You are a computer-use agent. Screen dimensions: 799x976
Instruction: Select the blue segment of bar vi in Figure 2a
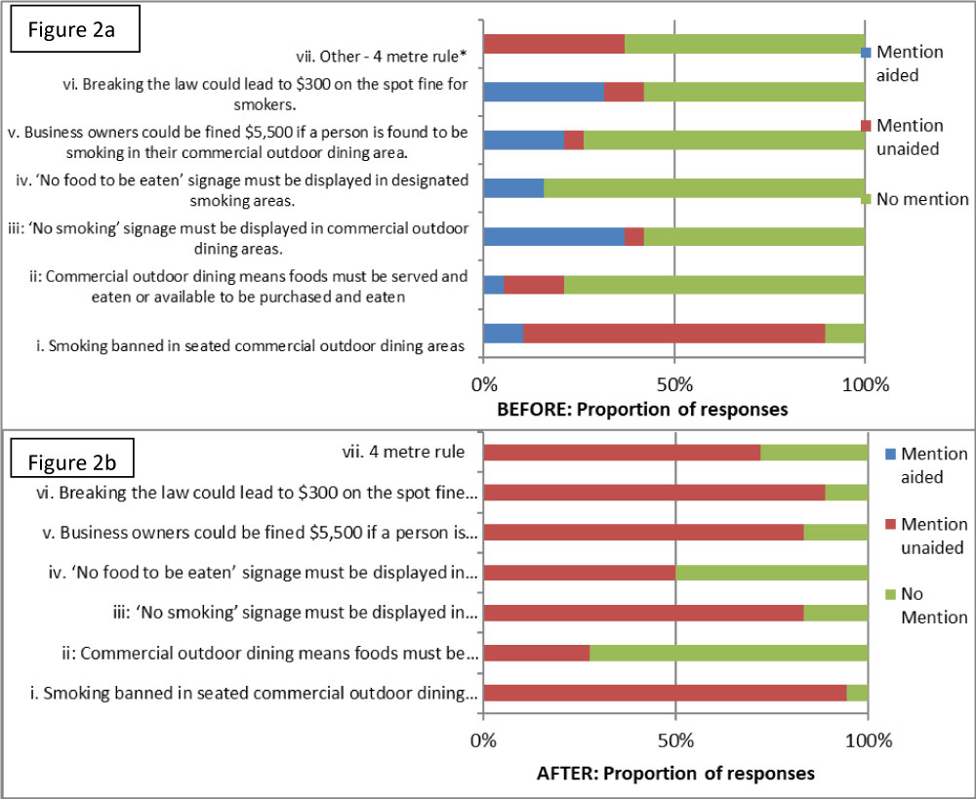coord(544,92)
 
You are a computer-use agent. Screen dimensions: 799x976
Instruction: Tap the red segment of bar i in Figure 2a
coord(673,334)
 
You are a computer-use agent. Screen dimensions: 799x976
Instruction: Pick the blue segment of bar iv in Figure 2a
coord(513,188)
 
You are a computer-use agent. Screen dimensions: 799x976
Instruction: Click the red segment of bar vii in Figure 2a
coord(553,44)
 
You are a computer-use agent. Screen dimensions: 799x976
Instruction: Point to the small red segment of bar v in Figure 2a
coord(574,140)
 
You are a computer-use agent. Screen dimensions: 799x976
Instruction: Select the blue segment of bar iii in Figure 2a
coord(553,237)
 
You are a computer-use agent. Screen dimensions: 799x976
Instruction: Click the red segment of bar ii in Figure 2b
coord(536,653)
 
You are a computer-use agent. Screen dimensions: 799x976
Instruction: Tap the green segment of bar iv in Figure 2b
coord(771,573)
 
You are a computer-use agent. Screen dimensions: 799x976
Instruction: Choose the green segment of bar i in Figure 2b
coord(857,693)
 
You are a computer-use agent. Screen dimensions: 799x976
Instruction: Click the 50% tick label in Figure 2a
coord(674,383)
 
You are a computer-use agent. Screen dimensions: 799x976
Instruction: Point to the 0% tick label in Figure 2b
coord(484,740)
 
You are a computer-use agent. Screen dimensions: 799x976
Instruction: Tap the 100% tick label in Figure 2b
coord(868,740)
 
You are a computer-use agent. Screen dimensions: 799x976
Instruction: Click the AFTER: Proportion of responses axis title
coord(674,774)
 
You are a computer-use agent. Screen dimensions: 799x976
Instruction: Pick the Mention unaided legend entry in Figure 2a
coord(910,136)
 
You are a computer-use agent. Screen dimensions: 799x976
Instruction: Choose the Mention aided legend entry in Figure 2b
coord(934,465)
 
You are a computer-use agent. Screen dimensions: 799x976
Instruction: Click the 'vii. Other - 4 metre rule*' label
coord(382,58)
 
